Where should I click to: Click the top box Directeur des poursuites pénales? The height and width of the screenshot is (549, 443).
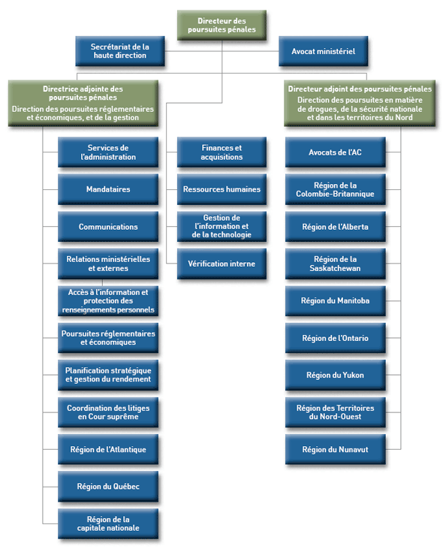(x=221, y=25)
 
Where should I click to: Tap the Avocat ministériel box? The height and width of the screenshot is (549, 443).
(x=323, y=52)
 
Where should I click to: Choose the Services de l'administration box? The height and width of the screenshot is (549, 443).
(x=109, y=152)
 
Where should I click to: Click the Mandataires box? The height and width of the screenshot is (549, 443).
(x=109, y=189)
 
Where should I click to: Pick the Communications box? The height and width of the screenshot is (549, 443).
(x=109, y=227)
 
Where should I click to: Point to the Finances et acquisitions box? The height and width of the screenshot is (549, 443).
(x=221, y=152)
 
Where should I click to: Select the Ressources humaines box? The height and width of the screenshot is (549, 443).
(x=221, y=189)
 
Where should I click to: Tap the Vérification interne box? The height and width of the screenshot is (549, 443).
(x=221, y=264)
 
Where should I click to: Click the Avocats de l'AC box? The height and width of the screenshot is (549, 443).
(x=335, y=152)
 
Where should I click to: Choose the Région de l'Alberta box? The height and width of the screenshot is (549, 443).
(x=335, y=226)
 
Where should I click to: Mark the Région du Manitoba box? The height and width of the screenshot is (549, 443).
(x=335, y=300)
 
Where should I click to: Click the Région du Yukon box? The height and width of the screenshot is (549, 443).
(x=335, y=375)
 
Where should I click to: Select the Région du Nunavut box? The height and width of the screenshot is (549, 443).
(x=335, y=449)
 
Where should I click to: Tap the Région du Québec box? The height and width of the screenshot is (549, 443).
(x=109, y=487)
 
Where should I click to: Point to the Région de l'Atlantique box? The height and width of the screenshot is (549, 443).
(x=109, y=449)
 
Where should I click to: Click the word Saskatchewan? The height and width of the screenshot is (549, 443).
(x=335, y=268)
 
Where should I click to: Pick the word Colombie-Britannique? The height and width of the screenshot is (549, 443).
(x=335, y=194)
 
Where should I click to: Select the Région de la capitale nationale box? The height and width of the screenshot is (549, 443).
(x=109, y=523)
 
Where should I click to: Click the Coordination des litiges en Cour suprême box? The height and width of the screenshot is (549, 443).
(x=109, y=412)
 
